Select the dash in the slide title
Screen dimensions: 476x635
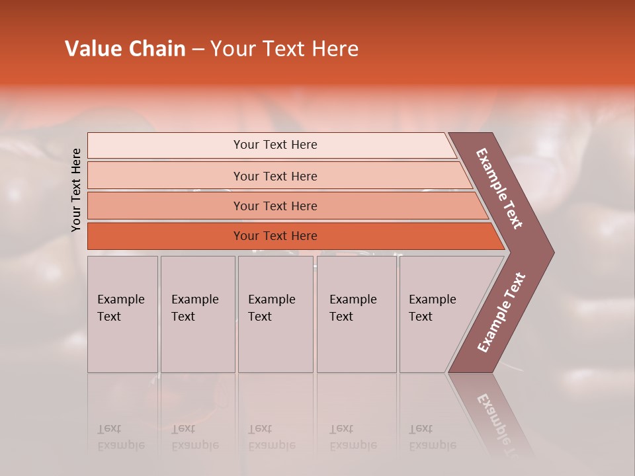coord(198,50)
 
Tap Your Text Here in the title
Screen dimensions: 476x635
coord(284,49)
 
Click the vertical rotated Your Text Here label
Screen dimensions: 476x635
coord(76,190)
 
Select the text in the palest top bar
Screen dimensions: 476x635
coord(275,145)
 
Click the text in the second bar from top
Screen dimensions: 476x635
coord(275,176)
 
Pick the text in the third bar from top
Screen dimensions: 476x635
coord(275,206)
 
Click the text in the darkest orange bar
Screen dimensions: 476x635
coord(275,236)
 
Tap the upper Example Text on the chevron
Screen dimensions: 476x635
coord(499,188)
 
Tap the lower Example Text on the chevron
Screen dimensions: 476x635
coord(501,312)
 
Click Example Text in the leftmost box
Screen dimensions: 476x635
coord(120,308)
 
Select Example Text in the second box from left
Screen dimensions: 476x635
coord(194,308)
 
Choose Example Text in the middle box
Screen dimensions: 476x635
coord(271,308)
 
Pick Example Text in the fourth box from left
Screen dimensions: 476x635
coord(353,308)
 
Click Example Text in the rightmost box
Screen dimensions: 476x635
coord(432,308)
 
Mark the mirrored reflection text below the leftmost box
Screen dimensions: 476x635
coord(120,437)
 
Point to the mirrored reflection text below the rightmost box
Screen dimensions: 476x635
coord(432,437)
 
